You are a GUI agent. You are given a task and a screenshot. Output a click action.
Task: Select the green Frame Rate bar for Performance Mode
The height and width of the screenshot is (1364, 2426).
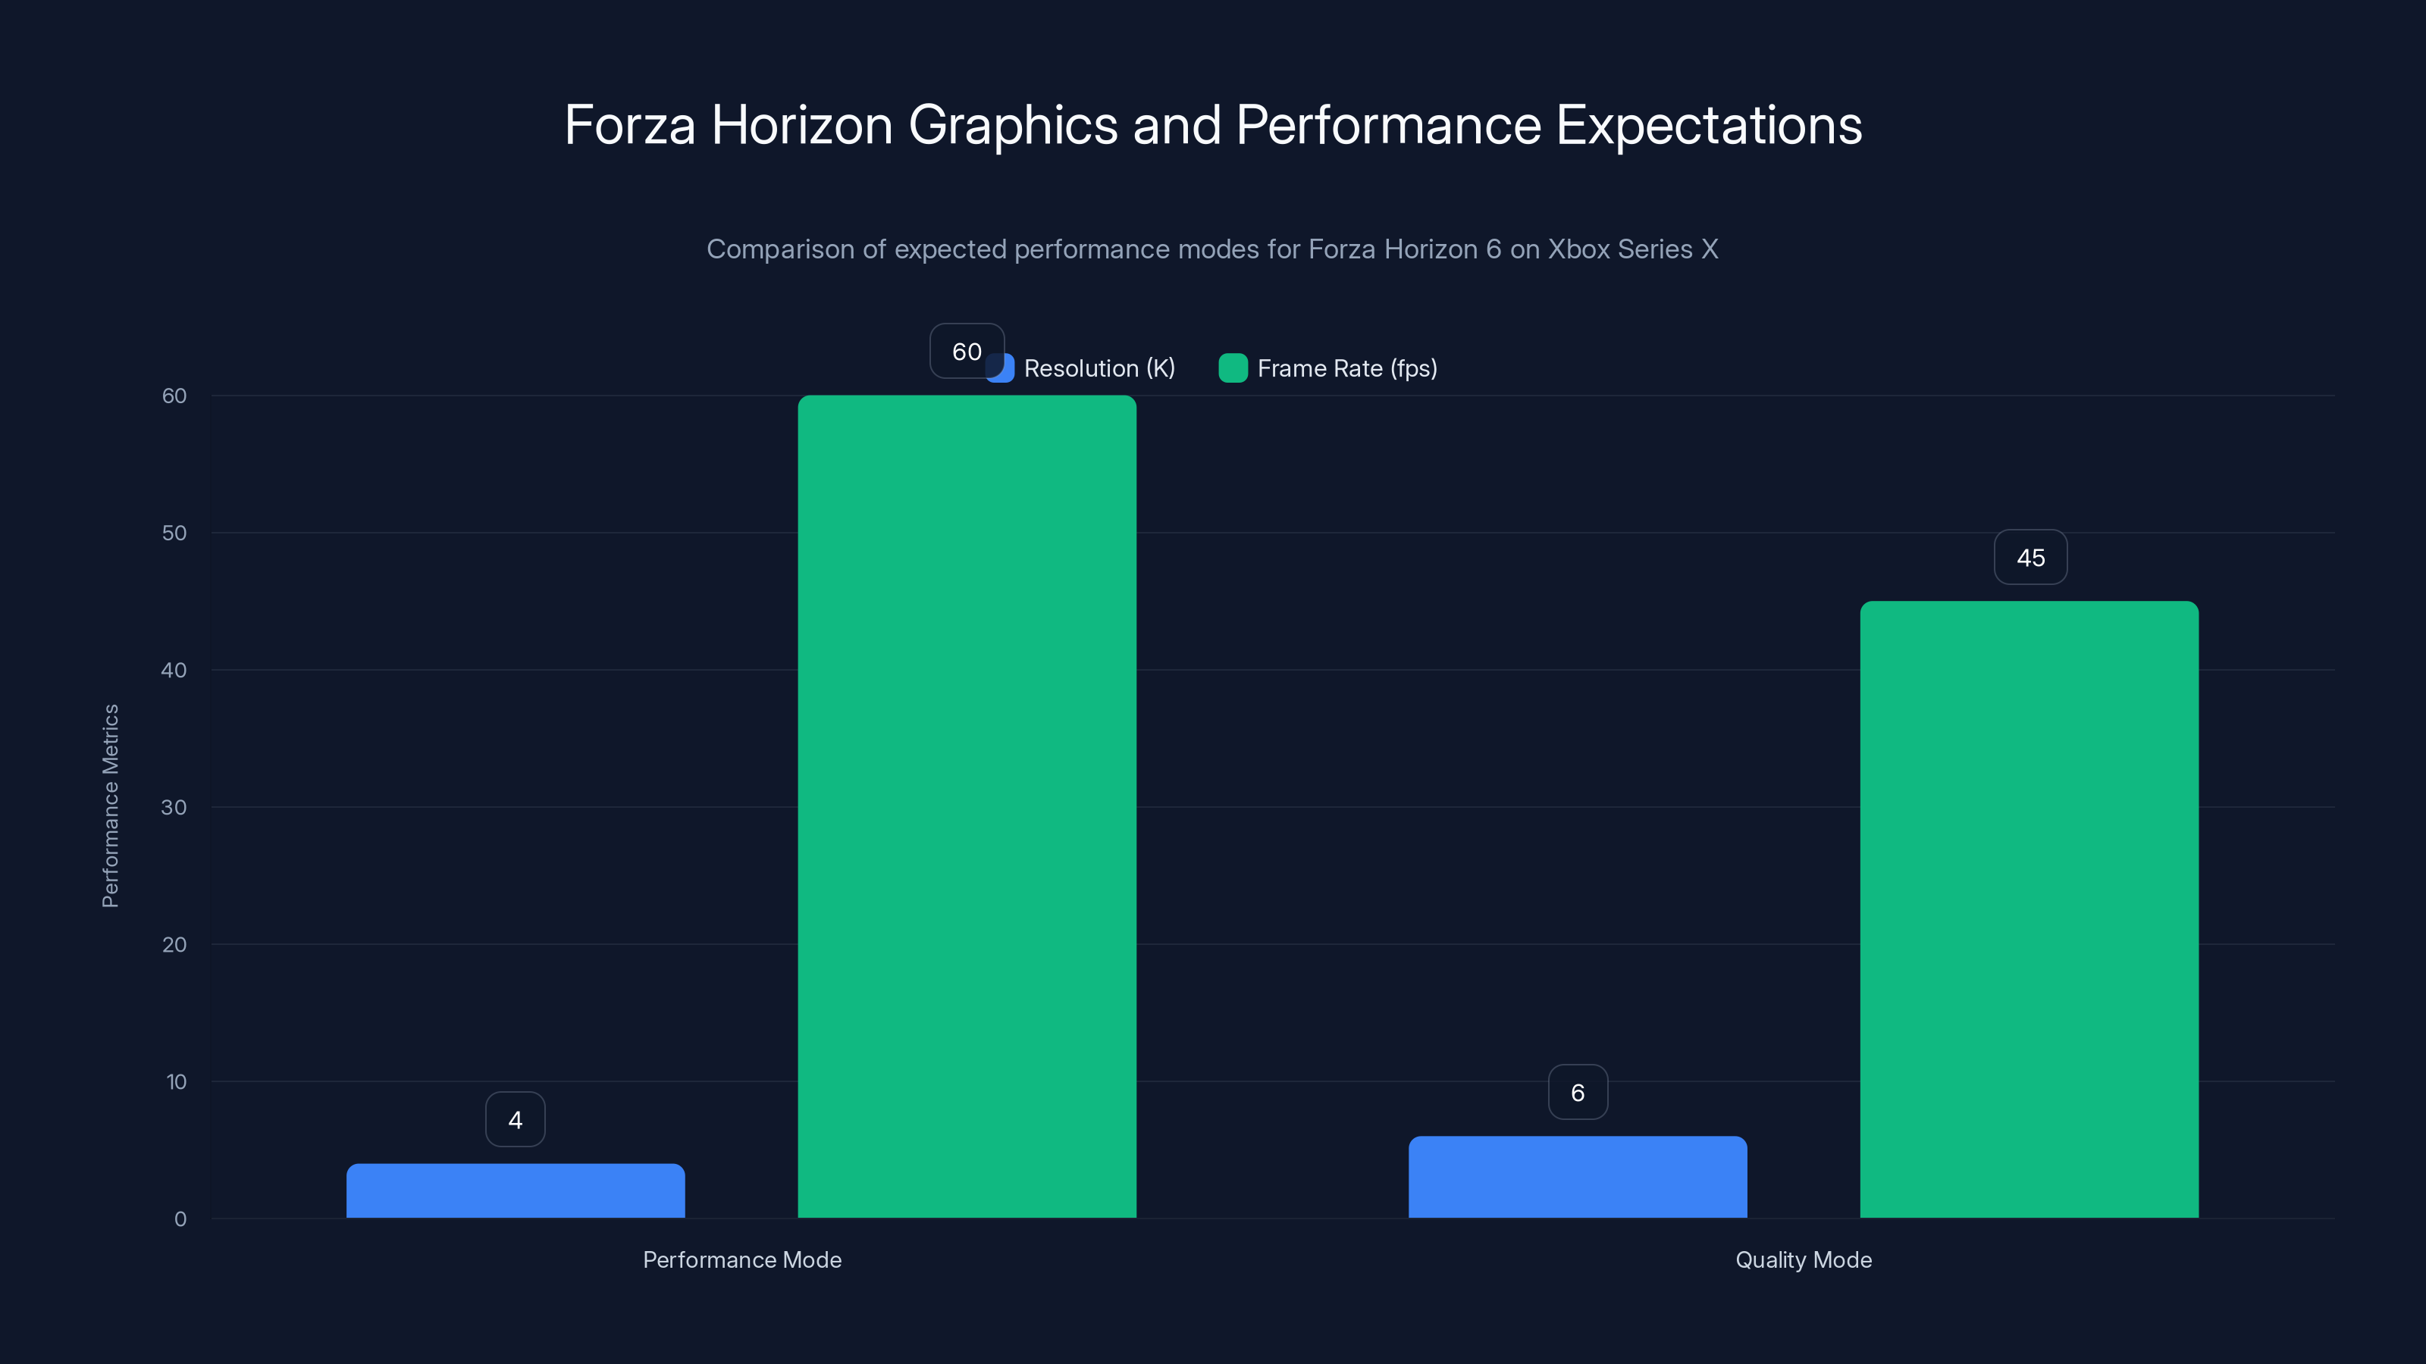pyautogui.click(x=967, y=807)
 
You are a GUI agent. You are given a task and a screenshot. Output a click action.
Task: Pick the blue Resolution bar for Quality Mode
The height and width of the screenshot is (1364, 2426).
pyautogui.click(x=1578, y=1177)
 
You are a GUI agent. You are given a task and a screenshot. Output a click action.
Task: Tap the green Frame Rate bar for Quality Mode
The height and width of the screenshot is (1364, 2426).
pyautogui.click(x=2030, y=909)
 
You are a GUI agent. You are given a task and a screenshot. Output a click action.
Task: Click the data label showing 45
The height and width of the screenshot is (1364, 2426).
pyautogui.click(x=2030, y=557)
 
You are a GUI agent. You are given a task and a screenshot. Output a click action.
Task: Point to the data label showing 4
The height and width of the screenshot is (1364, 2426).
pyautogui.click(x=516, y=1119)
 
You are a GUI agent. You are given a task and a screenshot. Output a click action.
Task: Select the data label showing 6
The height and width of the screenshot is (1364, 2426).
pyautogui.click(x=1578, y=1092)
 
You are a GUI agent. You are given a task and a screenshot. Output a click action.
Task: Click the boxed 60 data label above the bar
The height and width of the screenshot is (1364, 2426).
pyautogui.click(x=967, y=351)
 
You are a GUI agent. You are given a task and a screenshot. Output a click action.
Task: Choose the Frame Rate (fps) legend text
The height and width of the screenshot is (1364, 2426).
pyautogui.click(x=1346, y=368)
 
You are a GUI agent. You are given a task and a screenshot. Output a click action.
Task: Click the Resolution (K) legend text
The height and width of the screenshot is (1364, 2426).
pyautogui.click(x=1099, y=368)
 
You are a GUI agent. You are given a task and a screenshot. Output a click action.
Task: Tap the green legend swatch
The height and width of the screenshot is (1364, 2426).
pyautogui.click(x=1233, y=368)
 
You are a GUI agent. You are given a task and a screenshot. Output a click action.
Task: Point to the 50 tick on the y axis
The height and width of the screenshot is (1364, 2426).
pyautogui.click(x=174, y=533)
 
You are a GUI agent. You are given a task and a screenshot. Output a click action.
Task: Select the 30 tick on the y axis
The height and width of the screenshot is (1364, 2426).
pyautogui.click(x=174, y=807)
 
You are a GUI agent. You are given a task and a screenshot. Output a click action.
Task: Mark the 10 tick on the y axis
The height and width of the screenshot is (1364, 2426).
pyautogui.click(x=176, y=1081)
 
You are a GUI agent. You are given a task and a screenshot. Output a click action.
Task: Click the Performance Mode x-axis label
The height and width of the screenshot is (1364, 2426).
pyautogui.click(x=742, y=1259)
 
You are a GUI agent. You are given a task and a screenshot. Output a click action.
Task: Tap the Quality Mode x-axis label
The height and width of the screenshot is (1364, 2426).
pyautogui.click(x=1804, y=1259)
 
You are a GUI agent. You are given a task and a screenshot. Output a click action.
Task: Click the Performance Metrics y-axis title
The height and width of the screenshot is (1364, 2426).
pyautogui.click(x=110, y=806)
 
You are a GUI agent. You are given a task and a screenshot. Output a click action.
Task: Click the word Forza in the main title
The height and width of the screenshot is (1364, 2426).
pyautogui.click(x=630, y=125)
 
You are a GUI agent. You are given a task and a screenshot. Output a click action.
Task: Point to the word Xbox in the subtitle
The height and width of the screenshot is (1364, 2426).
pyautogui.click(x=1578, y=249)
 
